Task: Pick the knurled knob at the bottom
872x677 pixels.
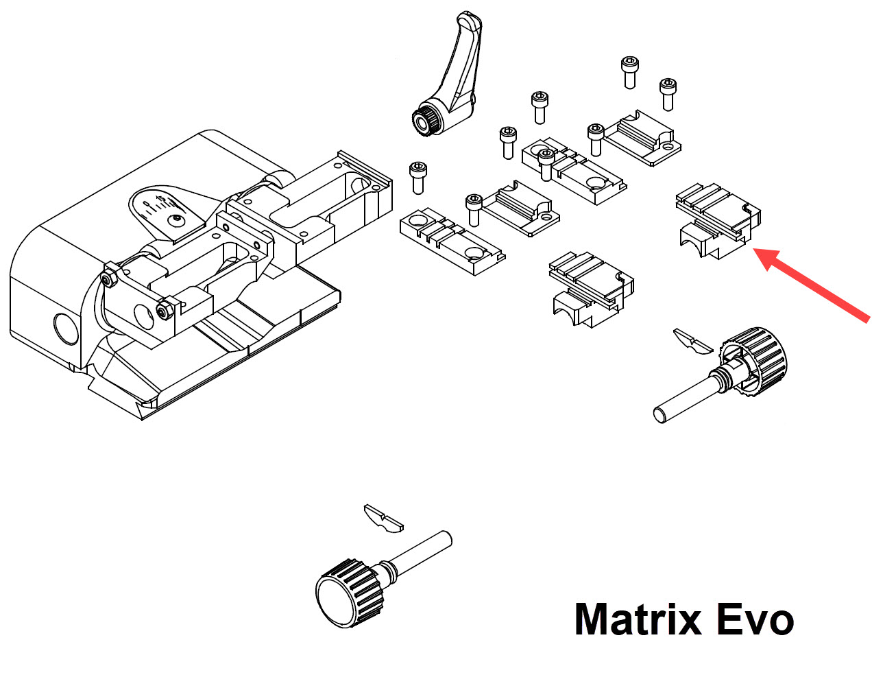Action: point(346,591)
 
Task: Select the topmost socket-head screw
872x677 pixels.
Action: point(629,71)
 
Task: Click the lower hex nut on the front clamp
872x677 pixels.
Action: point(164,312)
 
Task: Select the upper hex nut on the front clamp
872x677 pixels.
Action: point(108,279)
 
